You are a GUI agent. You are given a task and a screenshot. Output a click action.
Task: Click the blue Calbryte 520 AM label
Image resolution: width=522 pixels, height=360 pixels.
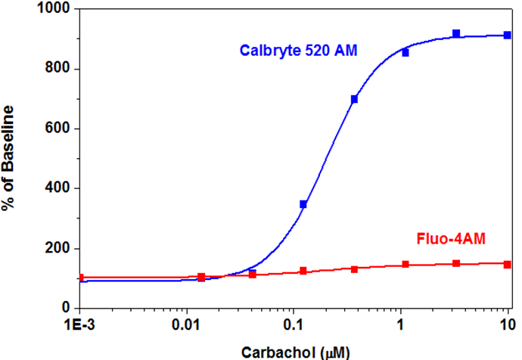click(299, 51)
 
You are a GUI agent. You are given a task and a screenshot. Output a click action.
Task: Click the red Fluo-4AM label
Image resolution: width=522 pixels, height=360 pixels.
click(452, 240)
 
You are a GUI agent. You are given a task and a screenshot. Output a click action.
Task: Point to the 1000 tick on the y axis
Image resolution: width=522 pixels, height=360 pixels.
click(51, 10)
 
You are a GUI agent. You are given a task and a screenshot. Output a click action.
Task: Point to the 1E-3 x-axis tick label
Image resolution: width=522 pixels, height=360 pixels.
click(79, 324)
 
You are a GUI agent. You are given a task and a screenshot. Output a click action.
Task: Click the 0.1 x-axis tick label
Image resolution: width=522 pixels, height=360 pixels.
click(293, 324)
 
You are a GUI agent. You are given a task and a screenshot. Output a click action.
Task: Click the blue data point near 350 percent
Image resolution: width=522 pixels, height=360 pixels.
click(303, 204)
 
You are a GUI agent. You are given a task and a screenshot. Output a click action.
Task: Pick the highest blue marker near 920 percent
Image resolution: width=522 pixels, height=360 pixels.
click(456, 33)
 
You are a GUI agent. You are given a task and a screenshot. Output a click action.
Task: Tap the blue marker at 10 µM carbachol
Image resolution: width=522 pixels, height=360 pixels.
click(508, 36)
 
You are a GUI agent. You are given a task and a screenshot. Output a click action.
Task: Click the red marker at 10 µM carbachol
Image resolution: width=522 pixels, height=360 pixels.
click(508, 265)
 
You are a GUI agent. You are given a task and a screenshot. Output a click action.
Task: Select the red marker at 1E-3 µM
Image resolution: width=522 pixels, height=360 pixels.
click(80, 278)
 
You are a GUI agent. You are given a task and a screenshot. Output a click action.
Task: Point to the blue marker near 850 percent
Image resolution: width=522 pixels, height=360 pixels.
click(405, 52)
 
